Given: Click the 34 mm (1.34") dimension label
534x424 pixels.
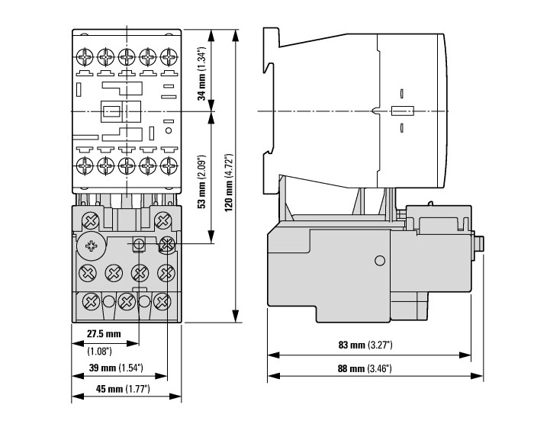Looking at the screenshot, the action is click(x=202, y=73).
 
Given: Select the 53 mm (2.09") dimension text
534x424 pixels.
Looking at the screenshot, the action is click(x=202, y=181).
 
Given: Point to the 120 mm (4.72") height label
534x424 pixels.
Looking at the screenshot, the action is click(x=229, y=182).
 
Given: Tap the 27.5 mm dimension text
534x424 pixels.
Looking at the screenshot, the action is click(x=104, y=334).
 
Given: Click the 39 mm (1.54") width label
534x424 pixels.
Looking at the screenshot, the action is click(x=116, y=368).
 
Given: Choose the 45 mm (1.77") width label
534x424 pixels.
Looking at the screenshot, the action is click(x=123, y=389).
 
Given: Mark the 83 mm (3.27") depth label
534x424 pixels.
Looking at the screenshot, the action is click(x=365, y=345).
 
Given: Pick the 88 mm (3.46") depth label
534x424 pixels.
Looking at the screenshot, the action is click(x=365, y=368).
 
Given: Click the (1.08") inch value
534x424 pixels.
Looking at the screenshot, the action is click(x=99, y=351).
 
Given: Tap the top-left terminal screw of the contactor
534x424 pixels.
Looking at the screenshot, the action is click(x=85, y=57).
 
